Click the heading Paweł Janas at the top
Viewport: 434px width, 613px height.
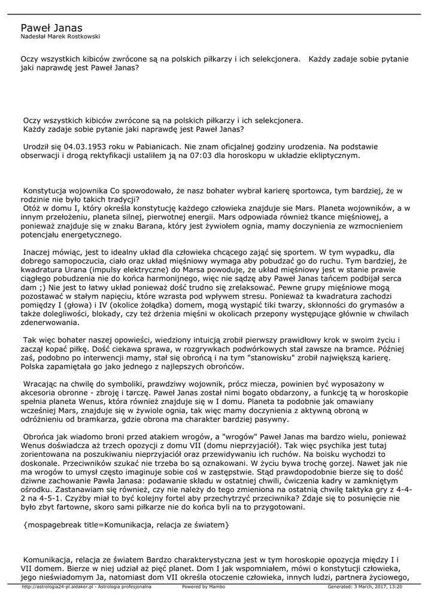(51, 28)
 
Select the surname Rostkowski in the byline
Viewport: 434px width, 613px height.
(81, 37)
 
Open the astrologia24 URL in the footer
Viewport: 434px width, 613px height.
(58, 587)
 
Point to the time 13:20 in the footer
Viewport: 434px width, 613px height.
(393, 587)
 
